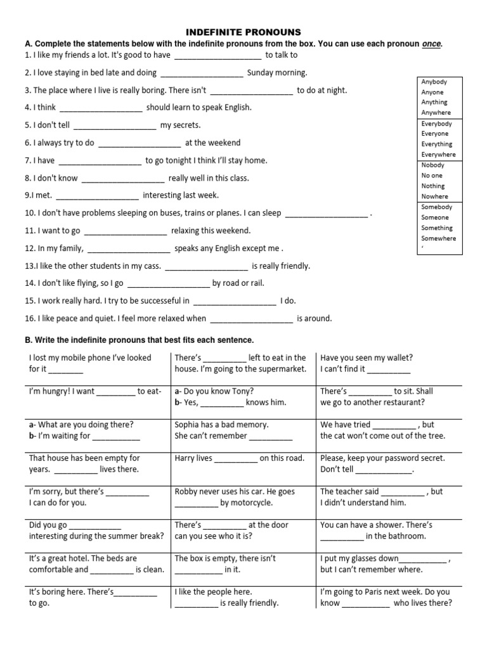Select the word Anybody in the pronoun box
(434, 82)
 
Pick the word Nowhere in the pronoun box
(434, 196)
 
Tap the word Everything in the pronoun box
(437, 144)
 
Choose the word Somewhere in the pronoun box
(438, 238)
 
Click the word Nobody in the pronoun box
(434, 165)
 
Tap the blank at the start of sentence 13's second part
(206, 267)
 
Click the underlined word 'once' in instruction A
(431, 44)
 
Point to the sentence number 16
(29, 319)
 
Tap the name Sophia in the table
(188, 425)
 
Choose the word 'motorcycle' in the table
(252, 503)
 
